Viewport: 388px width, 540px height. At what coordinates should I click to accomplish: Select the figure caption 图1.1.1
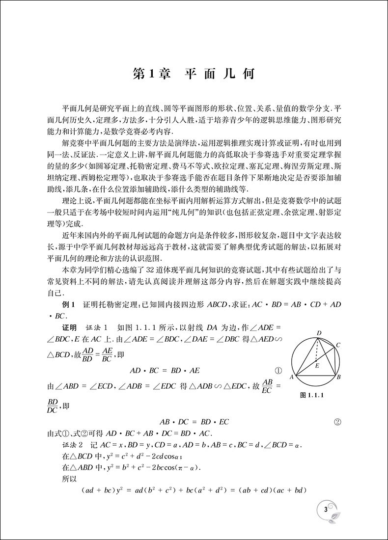click(x=313, y=395)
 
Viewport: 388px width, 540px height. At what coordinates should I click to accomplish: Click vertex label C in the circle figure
click(x=338, y=346)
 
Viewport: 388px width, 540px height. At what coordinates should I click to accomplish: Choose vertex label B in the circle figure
click(x=339, y=378)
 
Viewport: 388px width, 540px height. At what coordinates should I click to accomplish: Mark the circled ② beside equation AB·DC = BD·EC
click(x=337, y=421)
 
